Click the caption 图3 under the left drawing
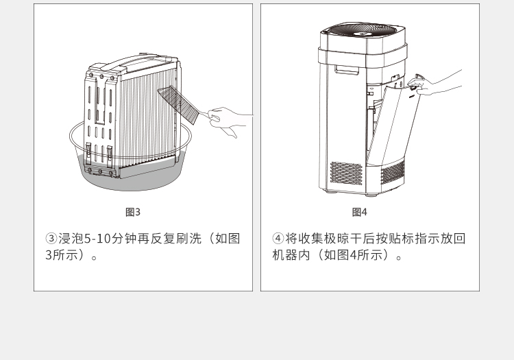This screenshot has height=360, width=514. coord(132,212)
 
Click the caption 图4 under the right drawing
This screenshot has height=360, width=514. coord(359,212)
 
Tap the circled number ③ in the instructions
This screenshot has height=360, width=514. coord(51,239)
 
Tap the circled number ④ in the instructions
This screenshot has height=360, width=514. coord(278,239)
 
